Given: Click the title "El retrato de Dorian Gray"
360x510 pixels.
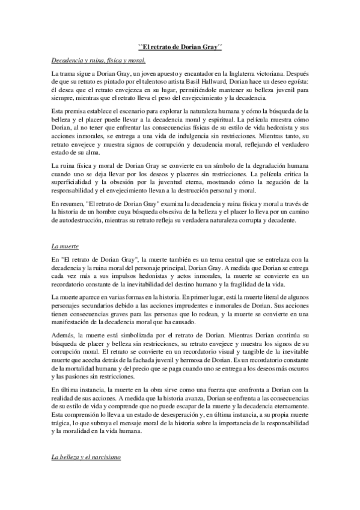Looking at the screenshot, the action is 180,46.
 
